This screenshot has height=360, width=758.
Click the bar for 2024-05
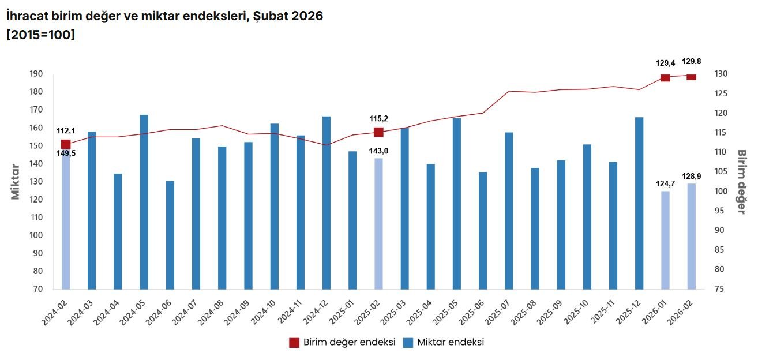click(x=144, y=202)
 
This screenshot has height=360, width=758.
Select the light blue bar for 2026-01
click(x=665, y=239)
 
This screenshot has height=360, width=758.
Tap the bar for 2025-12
click(x=639, y=202)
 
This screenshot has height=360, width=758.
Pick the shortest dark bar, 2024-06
click(x=170, y=235)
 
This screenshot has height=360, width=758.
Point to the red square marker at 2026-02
click(x=691, y=77)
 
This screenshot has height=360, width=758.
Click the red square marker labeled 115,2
click(x=378, y=132)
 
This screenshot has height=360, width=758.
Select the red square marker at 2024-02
click(x=66, y=144)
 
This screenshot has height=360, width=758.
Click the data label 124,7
click(x=665, y=184)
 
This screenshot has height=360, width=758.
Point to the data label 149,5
click(x=66, y=153)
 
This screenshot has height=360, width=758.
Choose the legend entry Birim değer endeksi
click(x=342, y=343)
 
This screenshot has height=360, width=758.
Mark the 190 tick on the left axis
click(x=36, y=74)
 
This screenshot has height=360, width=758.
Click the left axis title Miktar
click(x=16, y=181)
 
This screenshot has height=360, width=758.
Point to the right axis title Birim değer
click(x=742, y=181)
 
